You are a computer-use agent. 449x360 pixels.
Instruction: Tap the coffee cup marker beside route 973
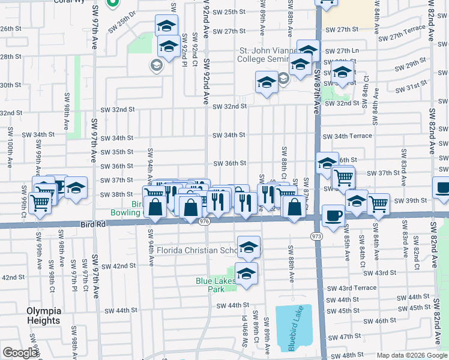click(x=333, y=215)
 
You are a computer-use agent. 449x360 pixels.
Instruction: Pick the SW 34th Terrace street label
click(x=347, y=136)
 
